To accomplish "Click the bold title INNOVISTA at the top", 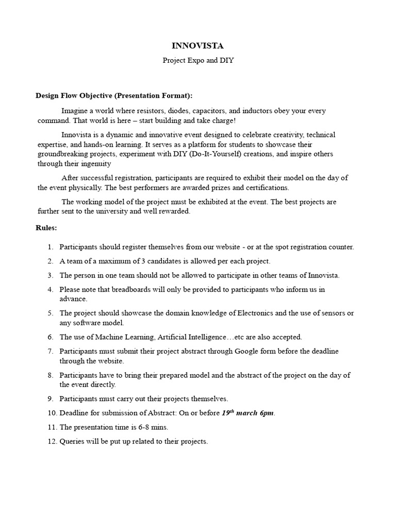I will (198, 46).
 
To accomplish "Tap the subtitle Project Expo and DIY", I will (198, 60).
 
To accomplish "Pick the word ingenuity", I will (95, 164).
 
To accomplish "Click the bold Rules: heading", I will (46, 227).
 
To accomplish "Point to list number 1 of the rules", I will (51, 247).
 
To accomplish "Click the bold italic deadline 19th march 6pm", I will (248, 413).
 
